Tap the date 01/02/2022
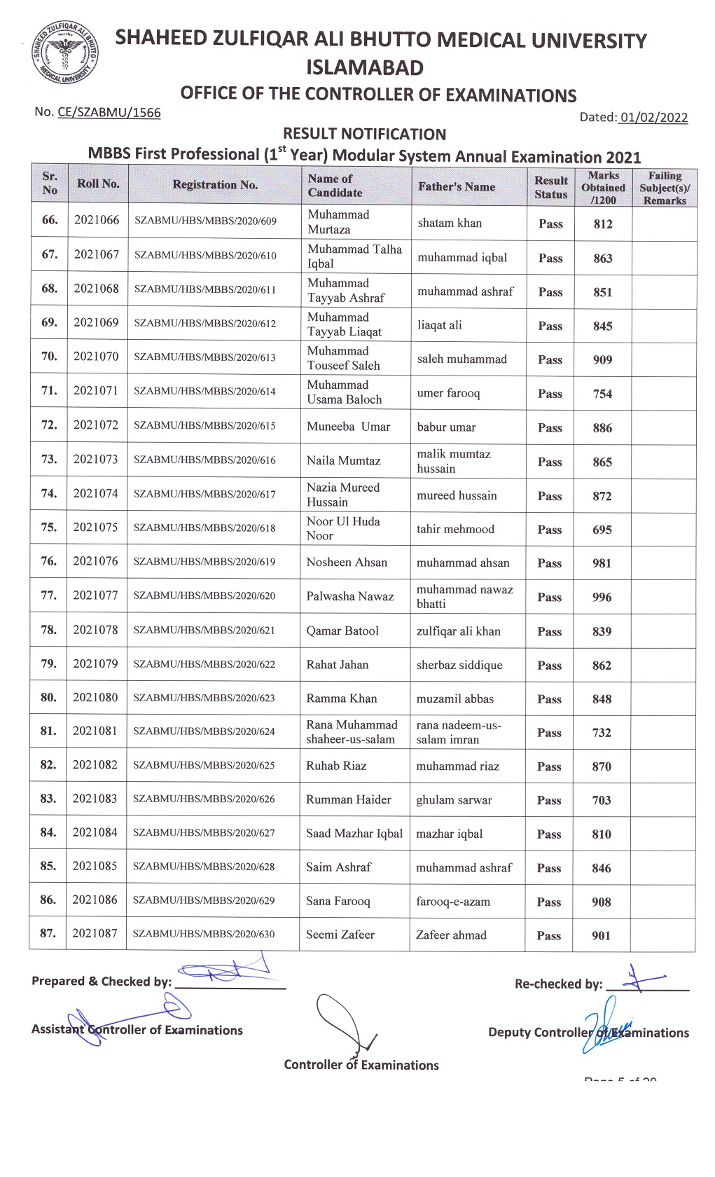pos(653,118)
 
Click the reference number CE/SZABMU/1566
pos(109,112)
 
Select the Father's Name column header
pos(457,186)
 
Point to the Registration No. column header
pos(215,185)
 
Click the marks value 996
pos(602,597)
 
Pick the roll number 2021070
pos(96,356)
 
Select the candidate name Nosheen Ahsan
pos(347,562)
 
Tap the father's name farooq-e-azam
pos(453,902)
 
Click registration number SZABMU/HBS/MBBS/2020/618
pos(204,528)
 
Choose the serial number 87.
pos(48,933)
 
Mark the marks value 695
pos(602,530)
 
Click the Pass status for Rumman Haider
pos(549,800)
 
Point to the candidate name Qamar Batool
pos(342,631)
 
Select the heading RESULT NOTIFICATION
pos(364,134)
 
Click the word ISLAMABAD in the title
pos(365,68)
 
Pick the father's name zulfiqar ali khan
pos(459,631)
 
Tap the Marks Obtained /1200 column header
pos(603,187)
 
